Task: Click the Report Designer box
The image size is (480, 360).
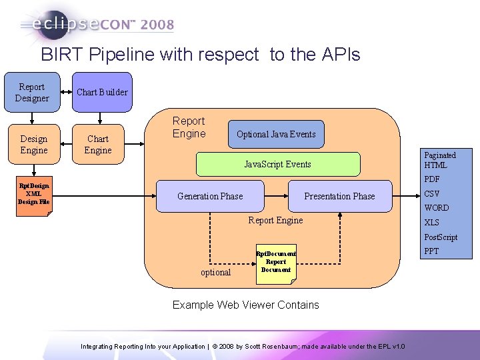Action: click(x=32, y=93)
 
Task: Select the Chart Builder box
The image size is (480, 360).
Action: click(x=102, y=92)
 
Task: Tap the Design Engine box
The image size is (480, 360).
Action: click(x=33, y=145)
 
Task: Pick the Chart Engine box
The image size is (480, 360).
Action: click(x=98, y=145)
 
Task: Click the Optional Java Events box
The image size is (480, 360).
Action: click(x=276, y=134)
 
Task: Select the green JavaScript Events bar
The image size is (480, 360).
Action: click(x=277, y=164)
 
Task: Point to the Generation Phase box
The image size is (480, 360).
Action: click(x=210, y=196)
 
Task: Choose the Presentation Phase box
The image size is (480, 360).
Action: click(x=339, y=196)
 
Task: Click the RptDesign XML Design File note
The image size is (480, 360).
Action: click(x=33, y=194)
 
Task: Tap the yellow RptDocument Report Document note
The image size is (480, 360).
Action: click(x=276, y=262)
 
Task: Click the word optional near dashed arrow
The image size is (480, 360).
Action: click(x=215, y=272)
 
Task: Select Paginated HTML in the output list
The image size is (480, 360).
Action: click(x=440, y=160)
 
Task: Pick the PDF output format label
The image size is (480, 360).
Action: click(x=432, y=179)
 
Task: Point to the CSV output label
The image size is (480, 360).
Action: click(x=432, y=194)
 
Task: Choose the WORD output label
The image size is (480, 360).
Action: click(x=437, y=208)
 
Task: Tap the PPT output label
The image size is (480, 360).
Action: click(x=432, y=251)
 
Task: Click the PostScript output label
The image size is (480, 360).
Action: click(x=441, y=237)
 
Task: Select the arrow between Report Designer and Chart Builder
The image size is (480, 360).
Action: click(x=65, y=93)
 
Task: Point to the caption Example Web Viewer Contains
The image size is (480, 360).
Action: click(x=245, y=305)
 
